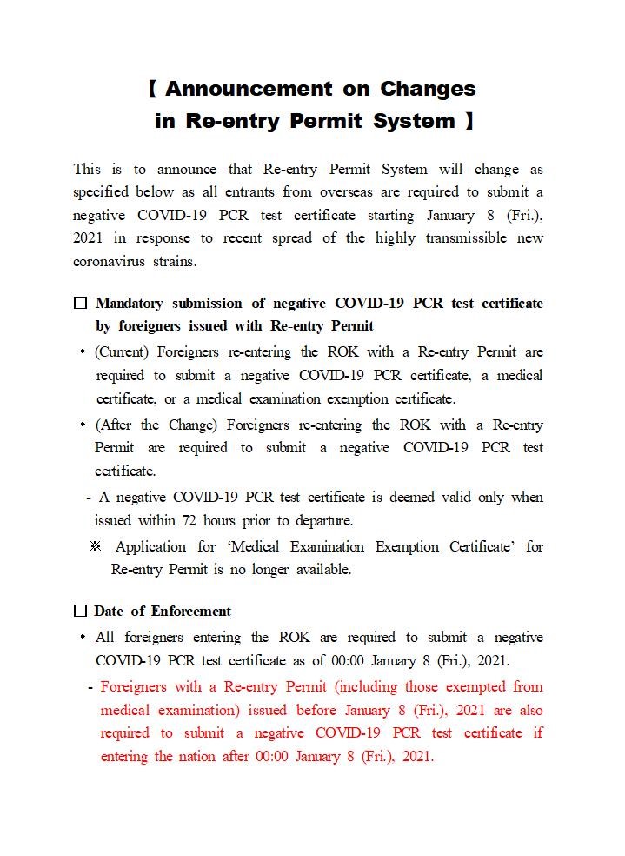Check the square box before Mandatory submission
[x=81, y=304]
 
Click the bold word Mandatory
[x=129, y=304]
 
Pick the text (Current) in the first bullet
[x=123, y=352]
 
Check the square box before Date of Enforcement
[x=81, y=611]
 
